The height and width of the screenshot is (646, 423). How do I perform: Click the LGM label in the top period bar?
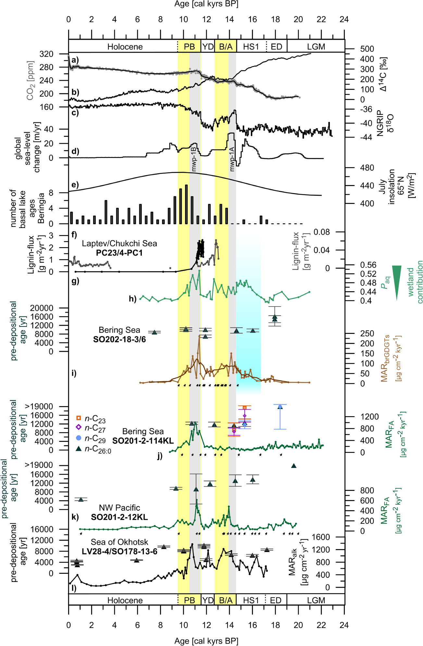tap(316, 47)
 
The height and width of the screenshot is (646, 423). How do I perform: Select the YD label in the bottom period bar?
tap(208, 600)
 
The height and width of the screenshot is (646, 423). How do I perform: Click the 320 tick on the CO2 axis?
tap(46, 54)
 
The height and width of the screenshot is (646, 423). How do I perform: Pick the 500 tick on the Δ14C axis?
tap(367, 49)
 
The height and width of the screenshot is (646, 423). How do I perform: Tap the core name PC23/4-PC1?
tap(119, 253)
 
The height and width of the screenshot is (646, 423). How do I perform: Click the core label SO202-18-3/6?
tap(119, 339)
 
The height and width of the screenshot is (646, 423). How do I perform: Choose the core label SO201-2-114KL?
tap(143, 441)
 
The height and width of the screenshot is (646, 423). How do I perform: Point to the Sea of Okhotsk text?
tap(119, 542)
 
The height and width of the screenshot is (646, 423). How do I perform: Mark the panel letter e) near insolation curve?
tap(75, 185)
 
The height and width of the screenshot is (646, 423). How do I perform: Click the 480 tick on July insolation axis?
tap(367, 168)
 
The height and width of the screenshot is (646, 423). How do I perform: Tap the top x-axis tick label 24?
tap(344, 19)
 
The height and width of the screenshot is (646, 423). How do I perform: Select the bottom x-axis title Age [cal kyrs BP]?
tap(206, 641)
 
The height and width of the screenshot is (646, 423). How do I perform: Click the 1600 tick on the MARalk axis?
tap(321, 537)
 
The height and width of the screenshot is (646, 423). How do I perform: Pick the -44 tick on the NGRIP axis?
tap(366, 137)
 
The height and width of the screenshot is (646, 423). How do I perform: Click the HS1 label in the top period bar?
tap(251, 47)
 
